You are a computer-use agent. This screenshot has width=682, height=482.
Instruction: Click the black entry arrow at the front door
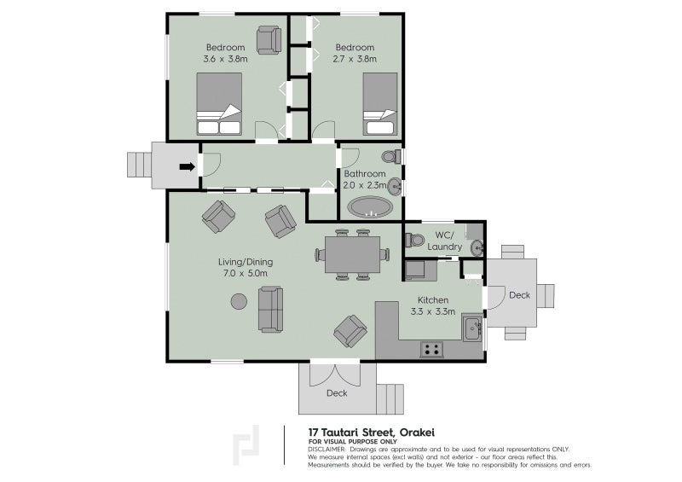coord(186,166)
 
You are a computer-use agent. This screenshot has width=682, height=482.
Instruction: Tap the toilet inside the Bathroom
coord(390,157)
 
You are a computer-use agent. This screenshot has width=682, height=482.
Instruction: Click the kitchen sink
coord(471,328)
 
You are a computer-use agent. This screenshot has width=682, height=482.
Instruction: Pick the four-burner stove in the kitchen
coord(431,348)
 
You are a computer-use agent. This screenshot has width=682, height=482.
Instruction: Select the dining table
coord(352,253)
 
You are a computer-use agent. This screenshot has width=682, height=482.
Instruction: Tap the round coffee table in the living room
coord(239,301)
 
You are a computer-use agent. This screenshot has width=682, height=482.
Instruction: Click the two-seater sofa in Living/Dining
coord(271,310)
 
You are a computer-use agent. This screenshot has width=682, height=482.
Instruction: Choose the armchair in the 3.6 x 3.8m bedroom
coord(269,39)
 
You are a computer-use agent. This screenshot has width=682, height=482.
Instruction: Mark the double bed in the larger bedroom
coord(219,104)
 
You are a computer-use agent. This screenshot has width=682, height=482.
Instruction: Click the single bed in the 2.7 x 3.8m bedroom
coord(379,104)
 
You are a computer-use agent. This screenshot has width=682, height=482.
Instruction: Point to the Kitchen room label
coord(432,300)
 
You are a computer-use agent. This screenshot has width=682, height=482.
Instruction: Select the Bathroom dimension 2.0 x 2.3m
coord(365,184)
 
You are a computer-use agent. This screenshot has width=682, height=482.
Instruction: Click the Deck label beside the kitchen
coord(519,295)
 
